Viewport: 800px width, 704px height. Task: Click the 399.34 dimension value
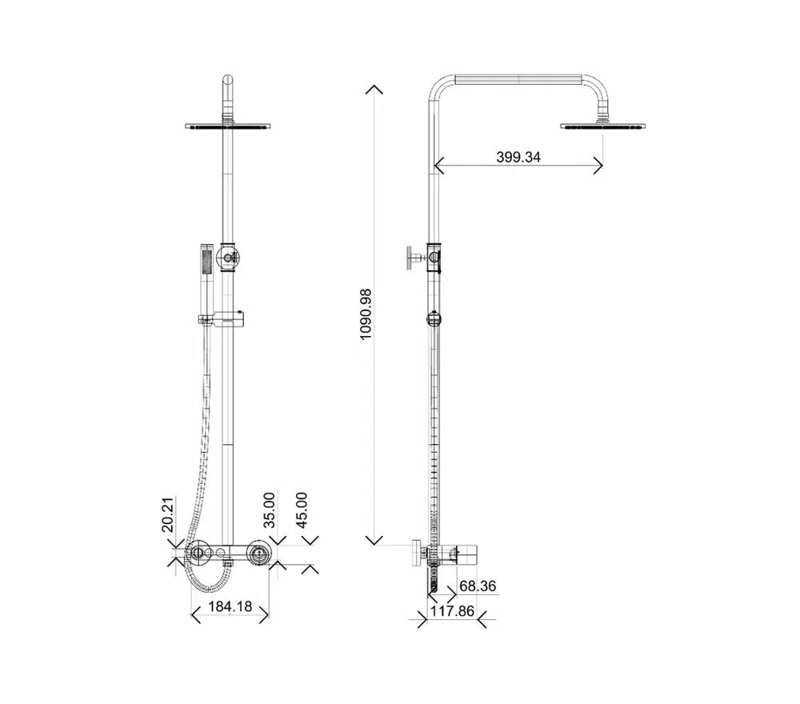pos(518,157)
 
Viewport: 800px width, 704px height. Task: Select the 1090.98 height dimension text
pos(366,314)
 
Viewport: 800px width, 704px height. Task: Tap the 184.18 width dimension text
pos(230,606)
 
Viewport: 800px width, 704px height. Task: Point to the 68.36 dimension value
pos(478,586)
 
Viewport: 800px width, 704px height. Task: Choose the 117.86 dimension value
pos(452,610)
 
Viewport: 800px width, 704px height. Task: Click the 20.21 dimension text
pos(168,514)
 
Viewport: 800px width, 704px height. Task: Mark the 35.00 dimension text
pos(269,510)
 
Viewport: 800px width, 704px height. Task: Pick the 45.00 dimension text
pos(302,510)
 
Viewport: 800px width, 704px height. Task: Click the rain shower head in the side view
pos(603,126)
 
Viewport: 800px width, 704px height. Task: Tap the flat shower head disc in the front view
pos(227,126)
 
